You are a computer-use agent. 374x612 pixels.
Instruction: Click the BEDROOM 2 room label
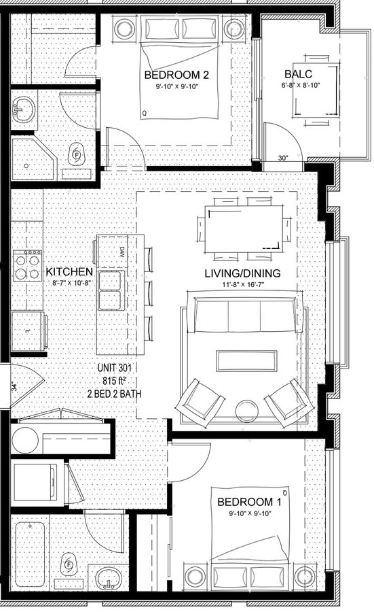coord(176,75)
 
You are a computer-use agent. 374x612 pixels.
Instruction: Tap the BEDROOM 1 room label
coord(249,502)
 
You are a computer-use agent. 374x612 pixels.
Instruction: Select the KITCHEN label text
coord(69,271)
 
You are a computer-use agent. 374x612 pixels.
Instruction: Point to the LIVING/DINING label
coord(242,273)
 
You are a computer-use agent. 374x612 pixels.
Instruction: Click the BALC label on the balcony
coord(298,73)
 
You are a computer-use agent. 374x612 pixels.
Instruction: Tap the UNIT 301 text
coord(115,368)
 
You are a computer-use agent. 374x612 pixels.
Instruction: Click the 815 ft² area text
coord(115,381)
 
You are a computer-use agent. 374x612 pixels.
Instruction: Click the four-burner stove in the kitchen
coord(27,265)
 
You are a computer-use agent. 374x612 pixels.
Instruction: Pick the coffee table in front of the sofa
coord(246,360)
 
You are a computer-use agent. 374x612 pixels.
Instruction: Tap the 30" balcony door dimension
coord(283,158)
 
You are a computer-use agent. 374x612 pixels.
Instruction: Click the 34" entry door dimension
coord(14,387)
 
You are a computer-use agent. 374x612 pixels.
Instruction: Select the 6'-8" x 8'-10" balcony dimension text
coord(300,85)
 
